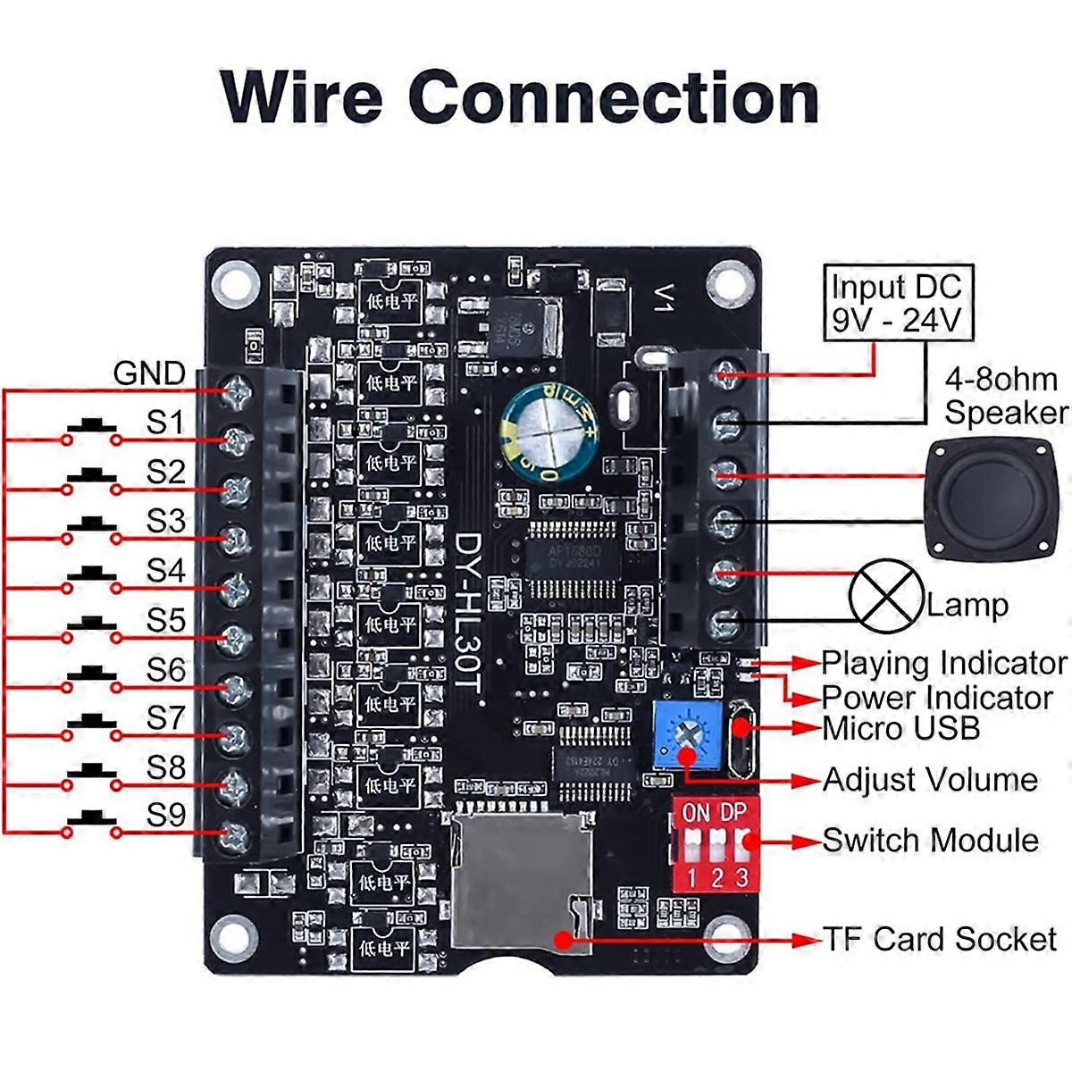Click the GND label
tap(149, 373)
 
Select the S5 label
tap(165, 619)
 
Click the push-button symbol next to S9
tap(91, 819)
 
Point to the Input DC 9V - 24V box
tap(896, 302)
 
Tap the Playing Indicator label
tap(943, 663)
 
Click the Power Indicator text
tap(936, 697)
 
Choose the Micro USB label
tap(900, 728)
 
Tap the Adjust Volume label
tap(929, 779)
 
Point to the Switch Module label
tap(930, 840)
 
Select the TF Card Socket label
tap(939, 939)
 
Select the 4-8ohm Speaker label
tap(1006, 396)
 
